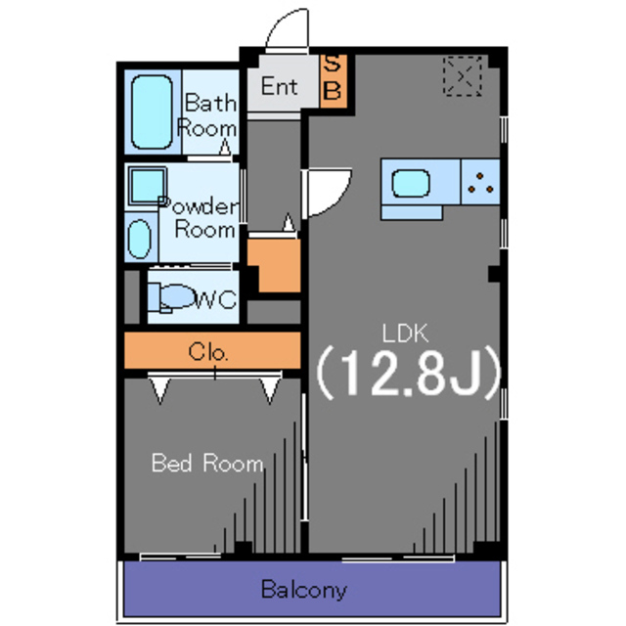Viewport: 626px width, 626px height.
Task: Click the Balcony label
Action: click(x=304, y=590)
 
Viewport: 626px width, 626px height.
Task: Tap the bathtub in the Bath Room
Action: click(x=153, y=112)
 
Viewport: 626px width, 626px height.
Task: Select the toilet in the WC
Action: click(x=171, y=297)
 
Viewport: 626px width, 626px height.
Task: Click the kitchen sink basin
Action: click(x=411, y=183)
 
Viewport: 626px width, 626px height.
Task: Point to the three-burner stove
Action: click(x=480, y=182)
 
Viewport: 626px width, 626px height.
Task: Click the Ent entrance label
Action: click(x=279, y=86)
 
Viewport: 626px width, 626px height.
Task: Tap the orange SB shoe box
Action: click(x=333, y=80)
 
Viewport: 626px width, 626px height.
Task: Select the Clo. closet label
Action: click(x=208, y=352)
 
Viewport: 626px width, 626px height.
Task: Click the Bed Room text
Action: click(x=207, y=463)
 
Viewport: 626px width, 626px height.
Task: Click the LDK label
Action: click(x=405, y=333)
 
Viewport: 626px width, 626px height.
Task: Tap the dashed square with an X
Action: click(x=463, y=76)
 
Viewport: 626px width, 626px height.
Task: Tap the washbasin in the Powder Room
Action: click(x=140, y=239)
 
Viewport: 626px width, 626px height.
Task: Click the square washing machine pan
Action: click(x=147, y=187)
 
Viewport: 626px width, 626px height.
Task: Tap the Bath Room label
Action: click(x=207, y=115)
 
